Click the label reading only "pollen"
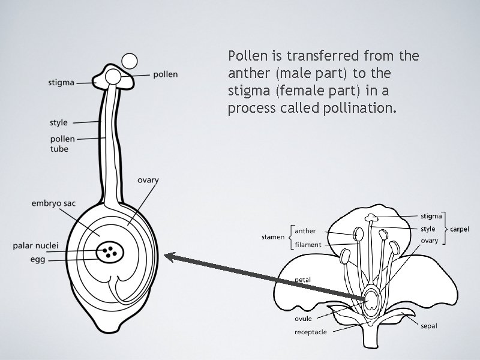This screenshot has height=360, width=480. click(x=166, y=74)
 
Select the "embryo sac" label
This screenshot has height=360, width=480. click(x=53, y=204)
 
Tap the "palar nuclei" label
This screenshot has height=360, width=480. click(x=35, y=246)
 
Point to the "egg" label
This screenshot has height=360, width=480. click(x=37, y=259)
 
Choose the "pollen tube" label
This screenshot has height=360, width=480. click(x=62, y=144)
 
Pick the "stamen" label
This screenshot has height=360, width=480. click(x=273, y=237)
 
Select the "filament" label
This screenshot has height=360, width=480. click(x=308, y=245)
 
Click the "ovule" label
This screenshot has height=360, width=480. click(x=304, y=319)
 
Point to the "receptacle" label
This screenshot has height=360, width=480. click(x=311, y=332)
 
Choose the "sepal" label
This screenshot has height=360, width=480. click(x=428, y=326)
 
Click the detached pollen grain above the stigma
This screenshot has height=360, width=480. click(x=129, y=61)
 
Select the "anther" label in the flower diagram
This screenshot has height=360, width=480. click(x=305, y=230)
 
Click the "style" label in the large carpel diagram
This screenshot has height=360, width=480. click(x=59, y=122)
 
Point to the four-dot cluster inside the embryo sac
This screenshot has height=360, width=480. click(x=110, y=251)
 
